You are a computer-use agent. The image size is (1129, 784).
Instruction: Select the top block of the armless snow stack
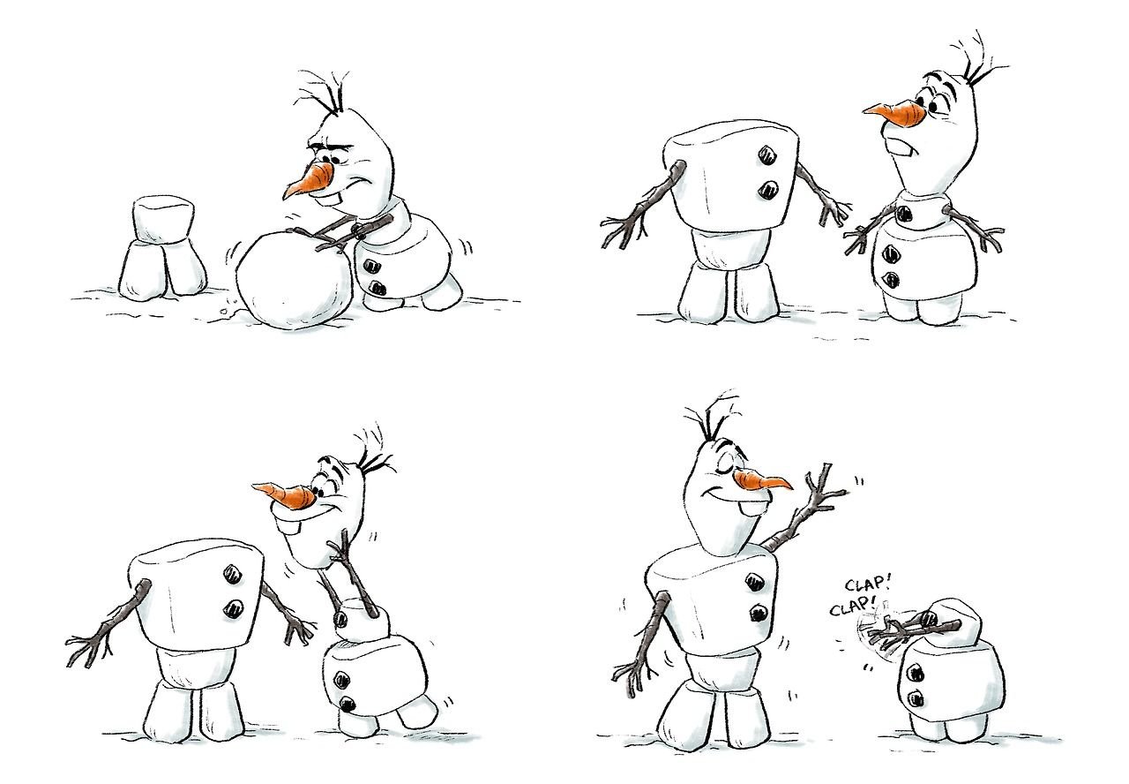163,221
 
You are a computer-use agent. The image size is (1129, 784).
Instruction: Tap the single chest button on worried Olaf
904,215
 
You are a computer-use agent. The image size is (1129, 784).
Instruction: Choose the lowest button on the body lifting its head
347,704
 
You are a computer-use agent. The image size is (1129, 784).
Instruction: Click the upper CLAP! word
867,585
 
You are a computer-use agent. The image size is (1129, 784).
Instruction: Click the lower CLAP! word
853,605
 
